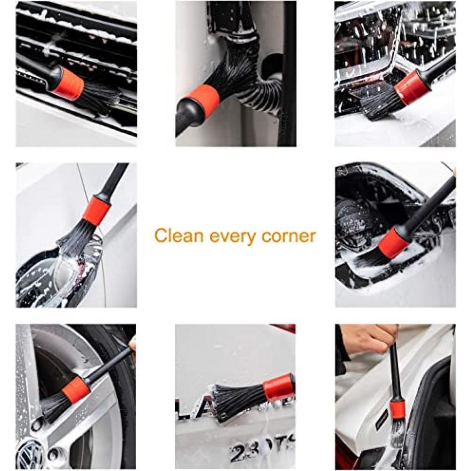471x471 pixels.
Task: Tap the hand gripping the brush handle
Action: tap(367, 339)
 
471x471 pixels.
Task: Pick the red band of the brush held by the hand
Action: tap(397, 406)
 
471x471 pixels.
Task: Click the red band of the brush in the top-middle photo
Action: tap(202, 102)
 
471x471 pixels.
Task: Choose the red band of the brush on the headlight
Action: tap(413, 87)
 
